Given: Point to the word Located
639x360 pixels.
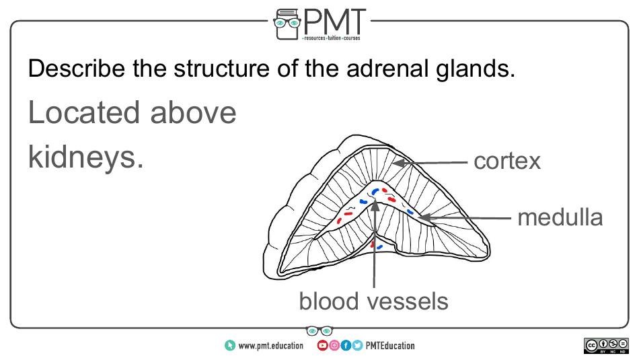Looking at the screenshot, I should click(x=84, y=113).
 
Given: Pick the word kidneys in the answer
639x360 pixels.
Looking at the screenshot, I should click(x=85, y=157).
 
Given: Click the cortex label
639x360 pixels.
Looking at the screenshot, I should click(x=507, y=161).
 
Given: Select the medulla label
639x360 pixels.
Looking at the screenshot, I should click(x=560, y=217).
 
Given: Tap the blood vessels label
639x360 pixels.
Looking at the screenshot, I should click(x=373, y=301).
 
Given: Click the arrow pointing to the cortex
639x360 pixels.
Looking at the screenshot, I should click(x=430, y=162).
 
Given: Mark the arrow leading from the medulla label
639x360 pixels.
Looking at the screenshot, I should click(x=464, y=218).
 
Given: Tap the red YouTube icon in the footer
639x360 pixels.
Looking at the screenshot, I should click(x=322, y=346).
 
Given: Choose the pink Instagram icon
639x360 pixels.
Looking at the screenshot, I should click(x=334, y=346).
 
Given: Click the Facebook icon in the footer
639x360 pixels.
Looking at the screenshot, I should click(x=346, y=346).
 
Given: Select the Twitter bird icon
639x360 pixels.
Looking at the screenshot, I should click(x=357, y=346).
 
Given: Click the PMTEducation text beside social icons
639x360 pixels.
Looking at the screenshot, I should click(x=390, y=346).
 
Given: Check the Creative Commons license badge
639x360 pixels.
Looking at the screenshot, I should click(x=606, y=345).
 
